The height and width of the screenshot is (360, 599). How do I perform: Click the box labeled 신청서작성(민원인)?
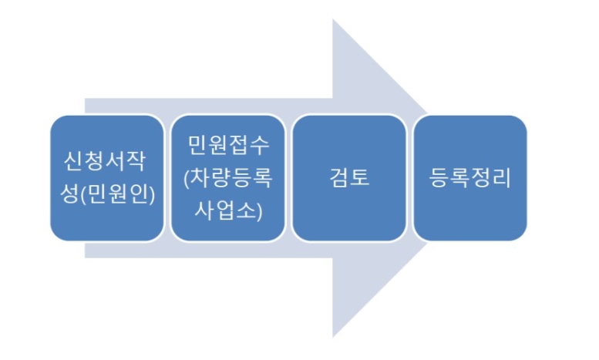(x=107, y=177)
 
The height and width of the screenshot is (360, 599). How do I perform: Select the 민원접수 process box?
(x=229, y=177)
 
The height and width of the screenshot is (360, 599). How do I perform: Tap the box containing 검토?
(x=349, y=177)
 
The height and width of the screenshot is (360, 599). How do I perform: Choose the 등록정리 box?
(x=470, y=177)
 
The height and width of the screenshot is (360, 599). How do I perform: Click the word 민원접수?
(x=229, y=146)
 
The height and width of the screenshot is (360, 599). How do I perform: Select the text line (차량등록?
(x=229, y=178)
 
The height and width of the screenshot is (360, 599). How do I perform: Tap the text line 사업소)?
(x=229, y=209)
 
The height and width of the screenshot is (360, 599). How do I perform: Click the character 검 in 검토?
(x=338, y=178)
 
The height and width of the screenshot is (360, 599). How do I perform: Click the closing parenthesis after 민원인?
(x=152, y=193)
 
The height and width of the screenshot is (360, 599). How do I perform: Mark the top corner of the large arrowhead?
(x=333, y=19)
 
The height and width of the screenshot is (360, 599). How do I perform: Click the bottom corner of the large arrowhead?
(x=333, y=337)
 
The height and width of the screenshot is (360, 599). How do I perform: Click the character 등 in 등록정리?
(x=437, y=178)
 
